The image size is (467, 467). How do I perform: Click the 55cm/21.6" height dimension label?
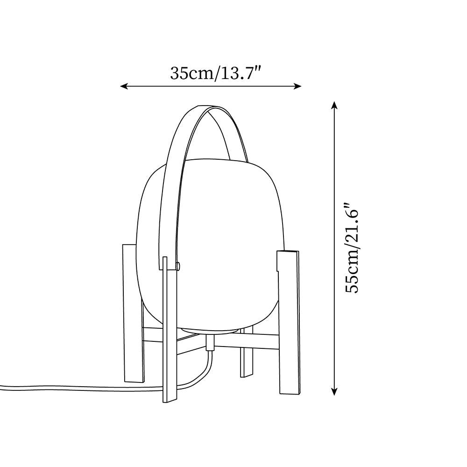[x=352, y=248]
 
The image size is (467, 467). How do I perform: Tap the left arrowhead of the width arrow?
[x=124, y=86]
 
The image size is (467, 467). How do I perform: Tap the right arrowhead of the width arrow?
[x=297, y=86]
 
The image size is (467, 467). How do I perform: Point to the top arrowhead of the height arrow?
[x=334, y=105]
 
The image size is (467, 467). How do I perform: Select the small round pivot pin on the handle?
[x=178, y=266]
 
